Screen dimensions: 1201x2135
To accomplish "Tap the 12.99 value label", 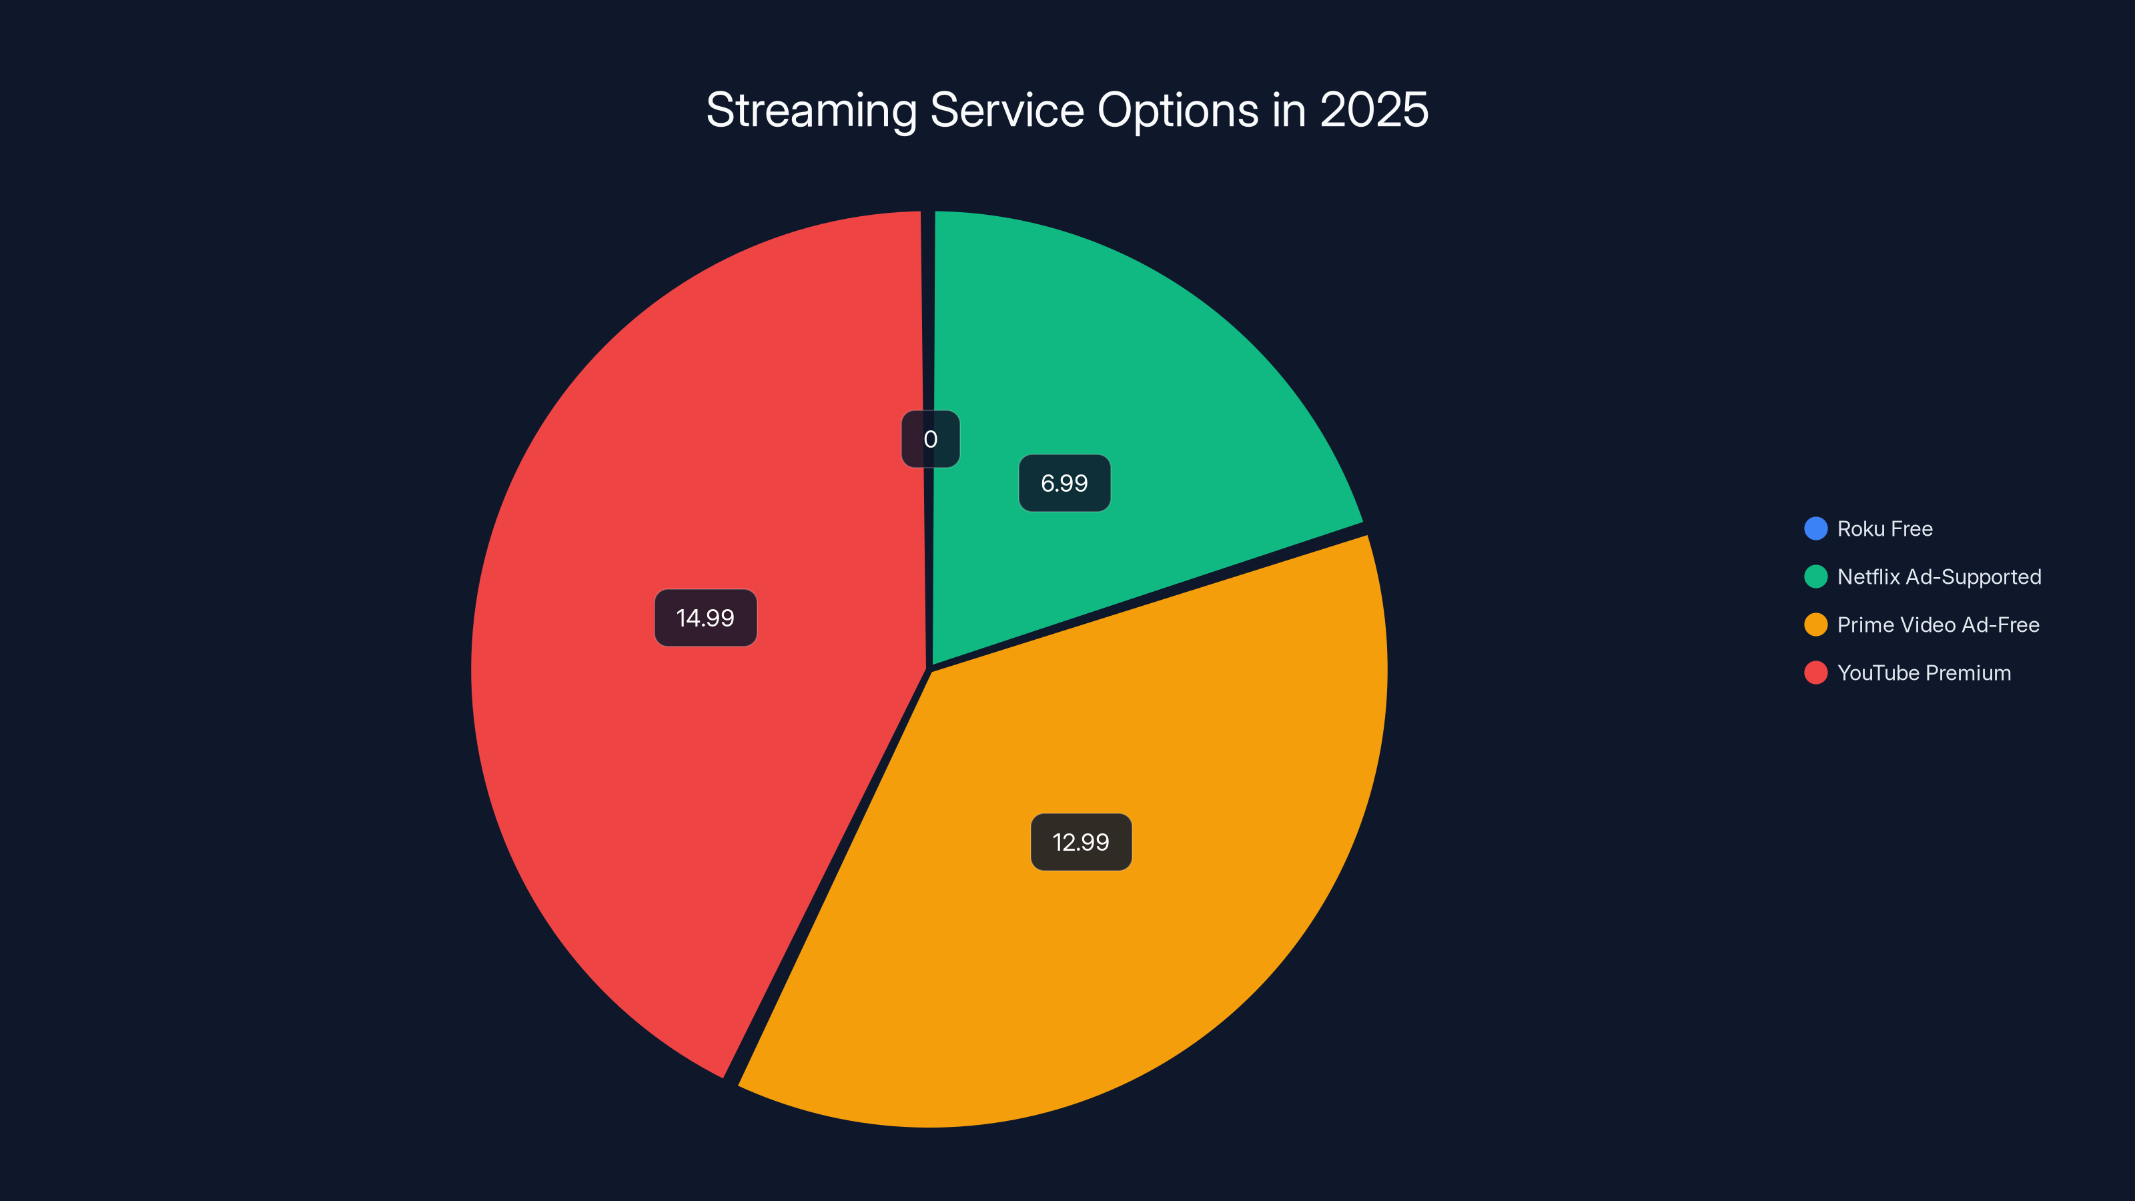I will point(1081,842).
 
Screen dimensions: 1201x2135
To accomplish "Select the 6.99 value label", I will point(1064,483).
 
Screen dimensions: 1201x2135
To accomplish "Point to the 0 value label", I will point(930,439).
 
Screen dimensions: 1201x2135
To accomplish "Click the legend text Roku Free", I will point(1885,529).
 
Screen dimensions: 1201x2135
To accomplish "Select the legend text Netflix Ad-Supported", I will point(1939,577).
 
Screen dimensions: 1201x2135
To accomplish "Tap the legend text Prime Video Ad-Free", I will point(1938,625).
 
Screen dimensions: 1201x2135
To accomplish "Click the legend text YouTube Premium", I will point(1924,673).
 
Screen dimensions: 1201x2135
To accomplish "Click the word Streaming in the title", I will point(811,110).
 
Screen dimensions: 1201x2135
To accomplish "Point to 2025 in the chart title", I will point(1373,110).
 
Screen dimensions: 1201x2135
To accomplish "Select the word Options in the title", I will point(1178,110).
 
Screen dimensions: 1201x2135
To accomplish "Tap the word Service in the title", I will point(1007,110).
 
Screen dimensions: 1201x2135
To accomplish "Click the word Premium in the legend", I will point(1968,673).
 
